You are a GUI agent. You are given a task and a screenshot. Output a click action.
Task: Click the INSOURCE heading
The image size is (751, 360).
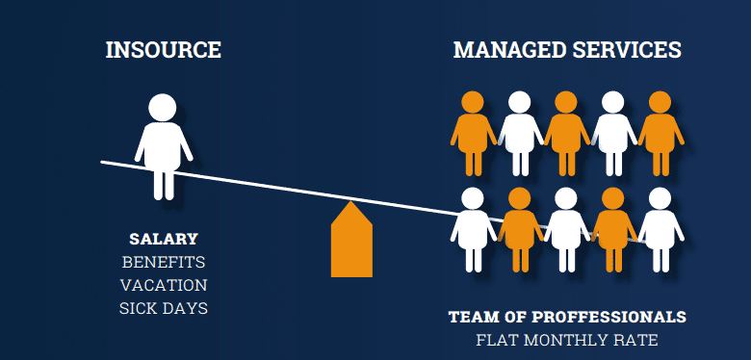(163, 50)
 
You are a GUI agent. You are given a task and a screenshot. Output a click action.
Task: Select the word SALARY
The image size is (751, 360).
(163, 239)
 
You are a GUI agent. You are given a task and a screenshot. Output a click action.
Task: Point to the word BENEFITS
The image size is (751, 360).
(163, 262)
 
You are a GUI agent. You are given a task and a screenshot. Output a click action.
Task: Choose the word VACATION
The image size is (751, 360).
(163, 285)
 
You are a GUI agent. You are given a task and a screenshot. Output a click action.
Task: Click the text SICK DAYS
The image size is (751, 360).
(163, 308)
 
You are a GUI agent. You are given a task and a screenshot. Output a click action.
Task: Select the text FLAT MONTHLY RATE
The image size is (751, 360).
(566, 339)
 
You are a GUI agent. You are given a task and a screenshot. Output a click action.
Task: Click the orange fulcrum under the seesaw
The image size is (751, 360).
(351, 243)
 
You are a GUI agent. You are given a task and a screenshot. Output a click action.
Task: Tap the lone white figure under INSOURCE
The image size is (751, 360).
(163, 144)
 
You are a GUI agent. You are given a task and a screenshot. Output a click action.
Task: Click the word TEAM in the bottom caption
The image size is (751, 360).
(471, 317)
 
